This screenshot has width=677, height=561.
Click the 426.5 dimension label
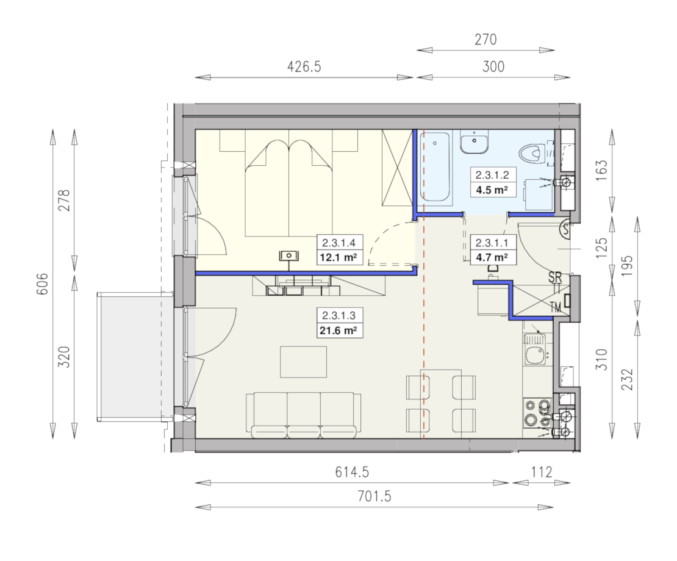click(x=304, y=67)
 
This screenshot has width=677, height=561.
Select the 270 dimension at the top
click(x=485, y=40)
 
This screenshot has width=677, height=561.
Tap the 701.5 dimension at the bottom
click(x=374, y=497)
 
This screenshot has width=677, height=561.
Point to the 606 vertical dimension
click(x=42, y=284)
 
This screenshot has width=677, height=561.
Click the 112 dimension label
click(x=542, y=472)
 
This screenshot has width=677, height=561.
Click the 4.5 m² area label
click(x=492, y=190)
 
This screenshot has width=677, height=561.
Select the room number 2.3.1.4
click(x=339, y=243)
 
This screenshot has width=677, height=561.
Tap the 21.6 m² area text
click(x=338, y=331)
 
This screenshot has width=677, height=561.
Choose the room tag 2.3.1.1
click(x=492, y=243)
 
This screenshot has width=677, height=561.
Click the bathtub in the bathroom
click(x=435, y=166)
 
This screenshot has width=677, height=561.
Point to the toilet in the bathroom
click(x=531, y=153)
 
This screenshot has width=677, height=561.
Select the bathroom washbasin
click(x=474, y=141)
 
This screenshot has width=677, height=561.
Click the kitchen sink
click(x=535, y=349)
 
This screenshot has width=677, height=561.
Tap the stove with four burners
click(x=537, y=413)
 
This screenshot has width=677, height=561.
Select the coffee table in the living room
click(x=304, y=362)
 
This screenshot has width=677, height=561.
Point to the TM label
click(x=556, y=307)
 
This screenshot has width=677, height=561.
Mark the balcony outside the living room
click(x=133, y=357)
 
